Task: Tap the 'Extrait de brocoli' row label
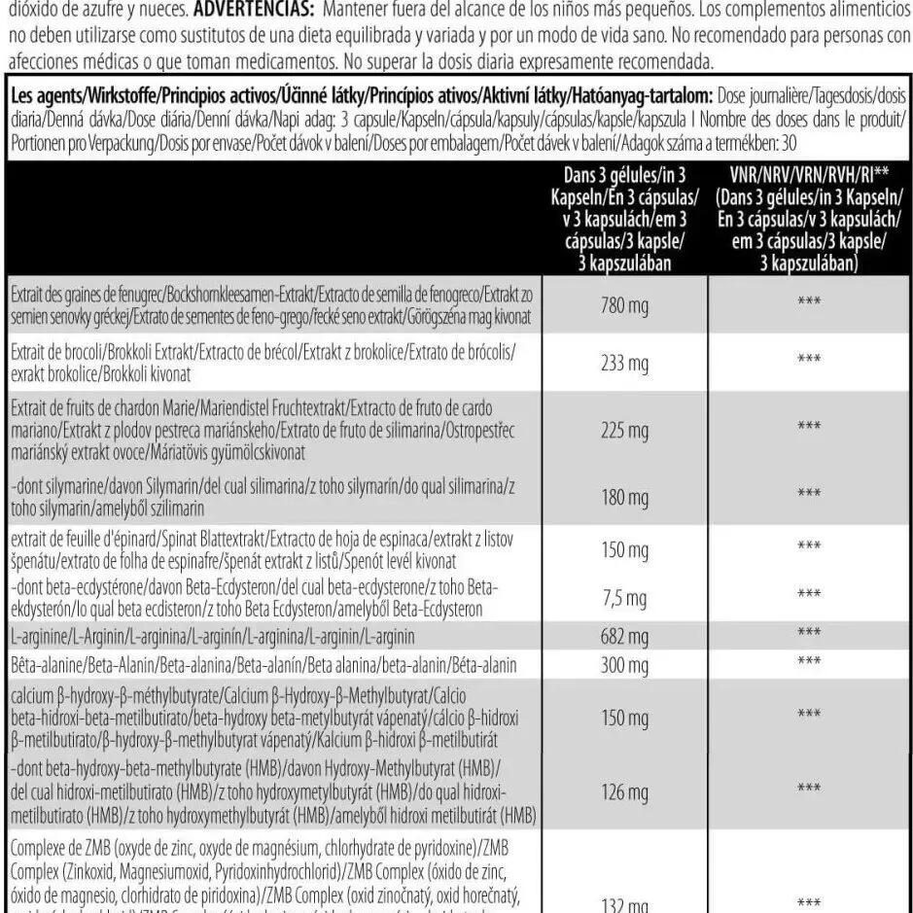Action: click(x=263, y=361)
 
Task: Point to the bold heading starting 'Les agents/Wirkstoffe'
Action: click(x=361, y=97)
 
